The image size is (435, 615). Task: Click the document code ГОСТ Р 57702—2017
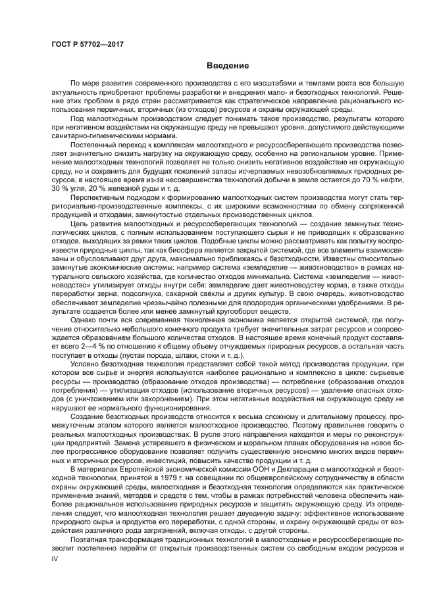pyautogui.click(x=88, y=44)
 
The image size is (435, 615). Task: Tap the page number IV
pyautogui.click(x=55, y=557)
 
